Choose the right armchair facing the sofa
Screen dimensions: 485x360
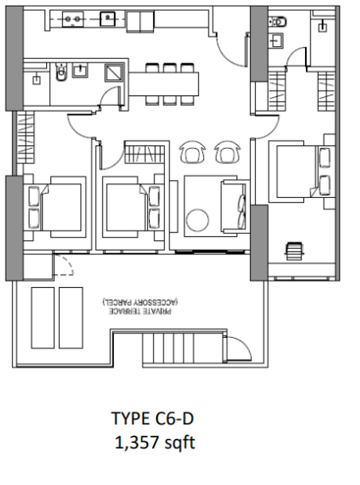[x=226, y=151]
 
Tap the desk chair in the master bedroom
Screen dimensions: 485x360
[x=294, y=251]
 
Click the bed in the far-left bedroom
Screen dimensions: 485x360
[x=54, y=206]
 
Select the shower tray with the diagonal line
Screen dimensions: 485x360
[x=112, y=74]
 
